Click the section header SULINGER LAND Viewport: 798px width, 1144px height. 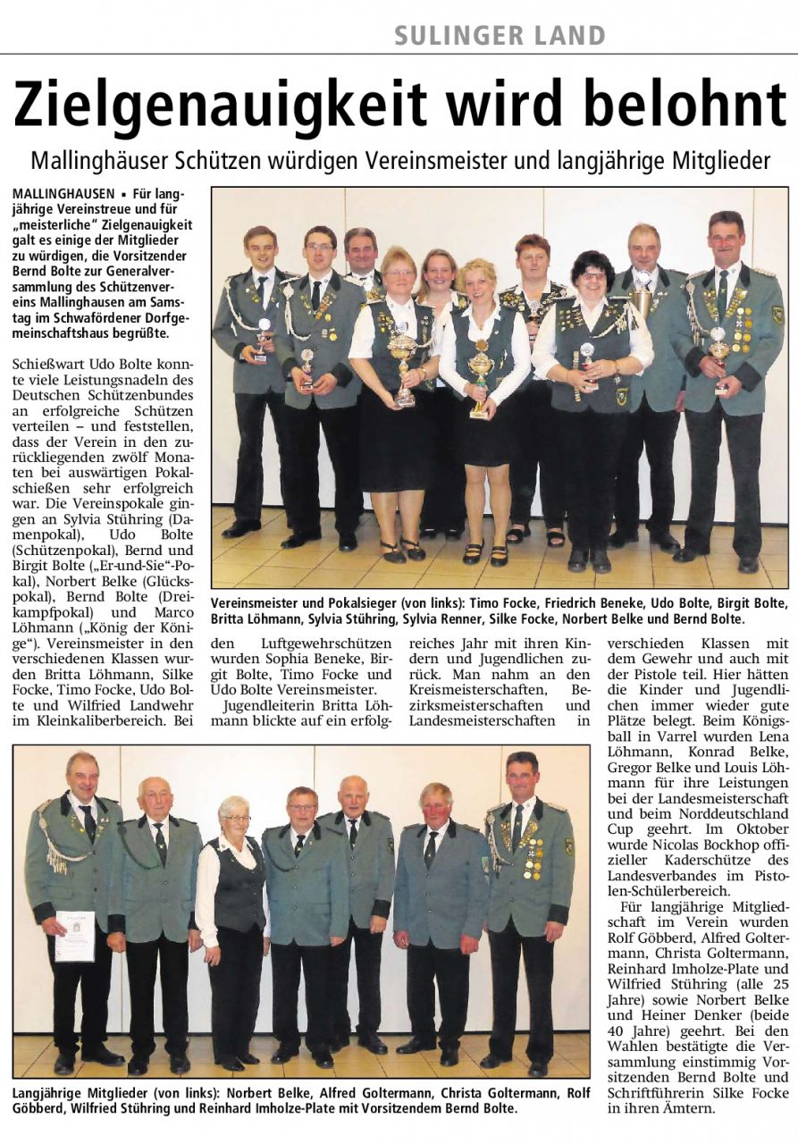[x=500, y=36]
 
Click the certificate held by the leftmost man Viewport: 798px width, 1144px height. [x=74, y=935]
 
